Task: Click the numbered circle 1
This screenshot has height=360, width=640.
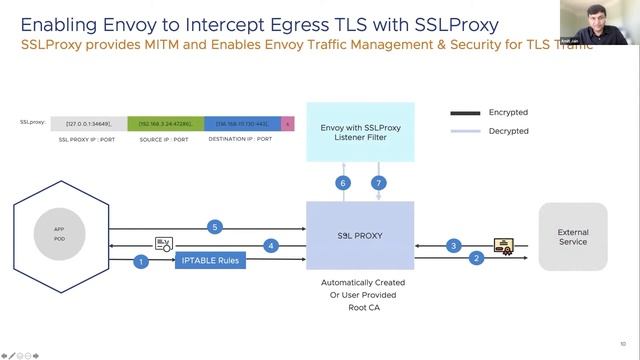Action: [x=142, y=262]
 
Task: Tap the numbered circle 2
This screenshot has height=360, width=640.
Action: [x=478, y=258]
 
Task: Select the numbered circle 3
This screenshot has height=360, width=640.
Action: [x=453, y=245]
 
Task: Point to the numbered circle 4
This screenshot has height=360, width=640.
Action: [x=270, y=245]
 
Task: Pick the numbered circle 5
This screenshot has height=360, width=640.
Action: [x=213, y=227]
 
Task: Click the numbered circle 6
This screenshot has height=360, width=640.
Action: [x=343, y=183]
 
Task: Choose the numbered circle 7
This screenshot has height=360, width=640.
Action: [x=378, y=183]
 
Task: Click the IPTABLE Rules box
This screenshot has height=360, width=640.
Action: [x=210, y=262]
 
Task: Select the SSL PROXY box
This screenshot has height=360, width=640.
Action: [x=360, y=236]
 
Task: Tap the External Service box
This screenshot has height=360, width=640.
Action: [x=573, y=237]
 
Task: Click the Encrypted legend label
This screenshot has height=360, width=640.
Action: [x=509, y=113]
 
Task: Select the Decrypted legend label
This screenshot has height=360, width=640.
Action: [x=509, y=131]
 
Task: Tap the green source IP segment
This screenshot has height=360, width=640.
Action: [x=164, y=124]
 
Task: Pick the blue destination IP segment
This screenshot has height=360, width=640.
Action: [x=242, y=124]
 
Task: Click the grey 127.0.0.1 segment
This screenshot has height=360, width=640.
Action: [x=88, y=124]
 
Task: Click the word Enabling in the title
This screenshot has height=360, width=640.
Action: [x=59, y=23]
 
